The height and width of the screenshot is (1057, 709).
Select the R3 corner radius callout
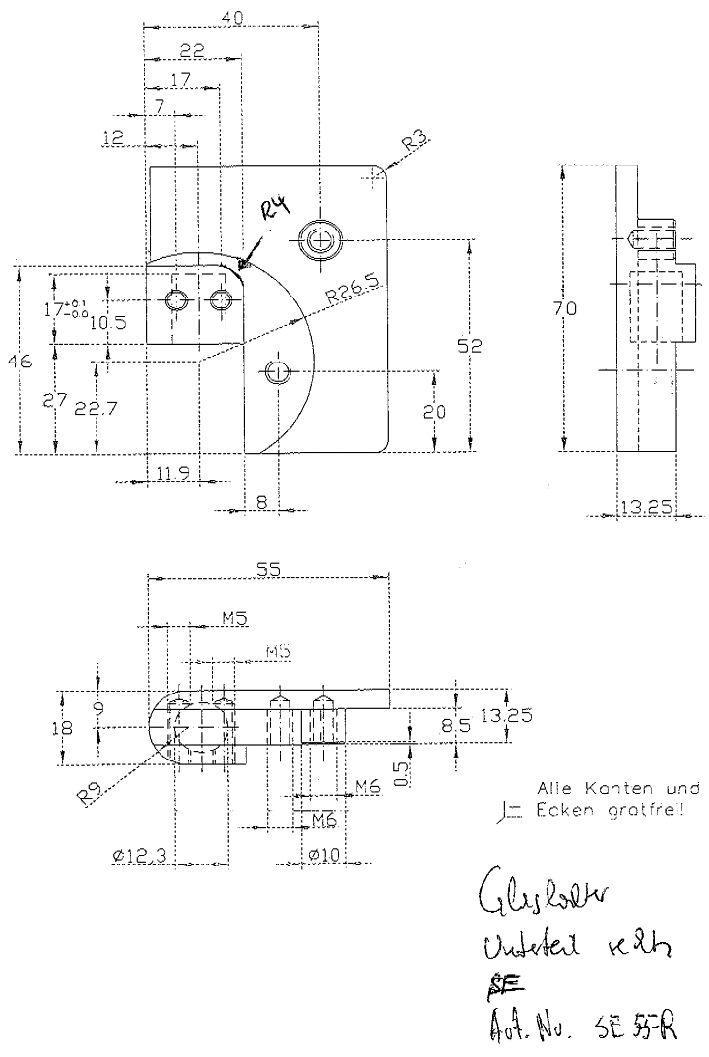click(x=415, y=144)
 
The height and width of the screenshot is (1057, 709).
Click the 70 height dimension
click(x=564, y=309)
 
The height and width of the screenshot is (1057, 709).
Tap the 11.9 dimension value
click(x=174, y=475)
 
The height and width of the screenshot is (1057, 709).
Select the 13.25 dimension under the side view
click(x=645, y=508)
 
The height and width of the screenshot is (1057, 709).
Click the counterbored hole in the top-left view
click(x=319, y=238)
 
